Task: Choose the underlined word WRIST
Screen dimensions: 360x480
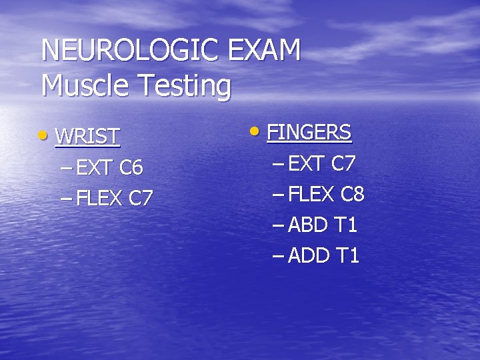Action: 87,137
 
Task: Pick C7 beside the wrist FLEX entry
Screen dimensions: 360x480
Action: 141,198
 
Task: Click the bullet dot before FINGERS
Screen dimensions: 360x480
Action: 257,130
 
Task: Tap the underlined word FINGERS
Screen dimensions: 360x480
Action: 309,133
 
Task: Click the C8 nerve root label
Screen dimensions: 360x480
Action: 353,195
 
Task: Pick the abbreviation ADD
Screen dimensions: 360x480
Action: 311,255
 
